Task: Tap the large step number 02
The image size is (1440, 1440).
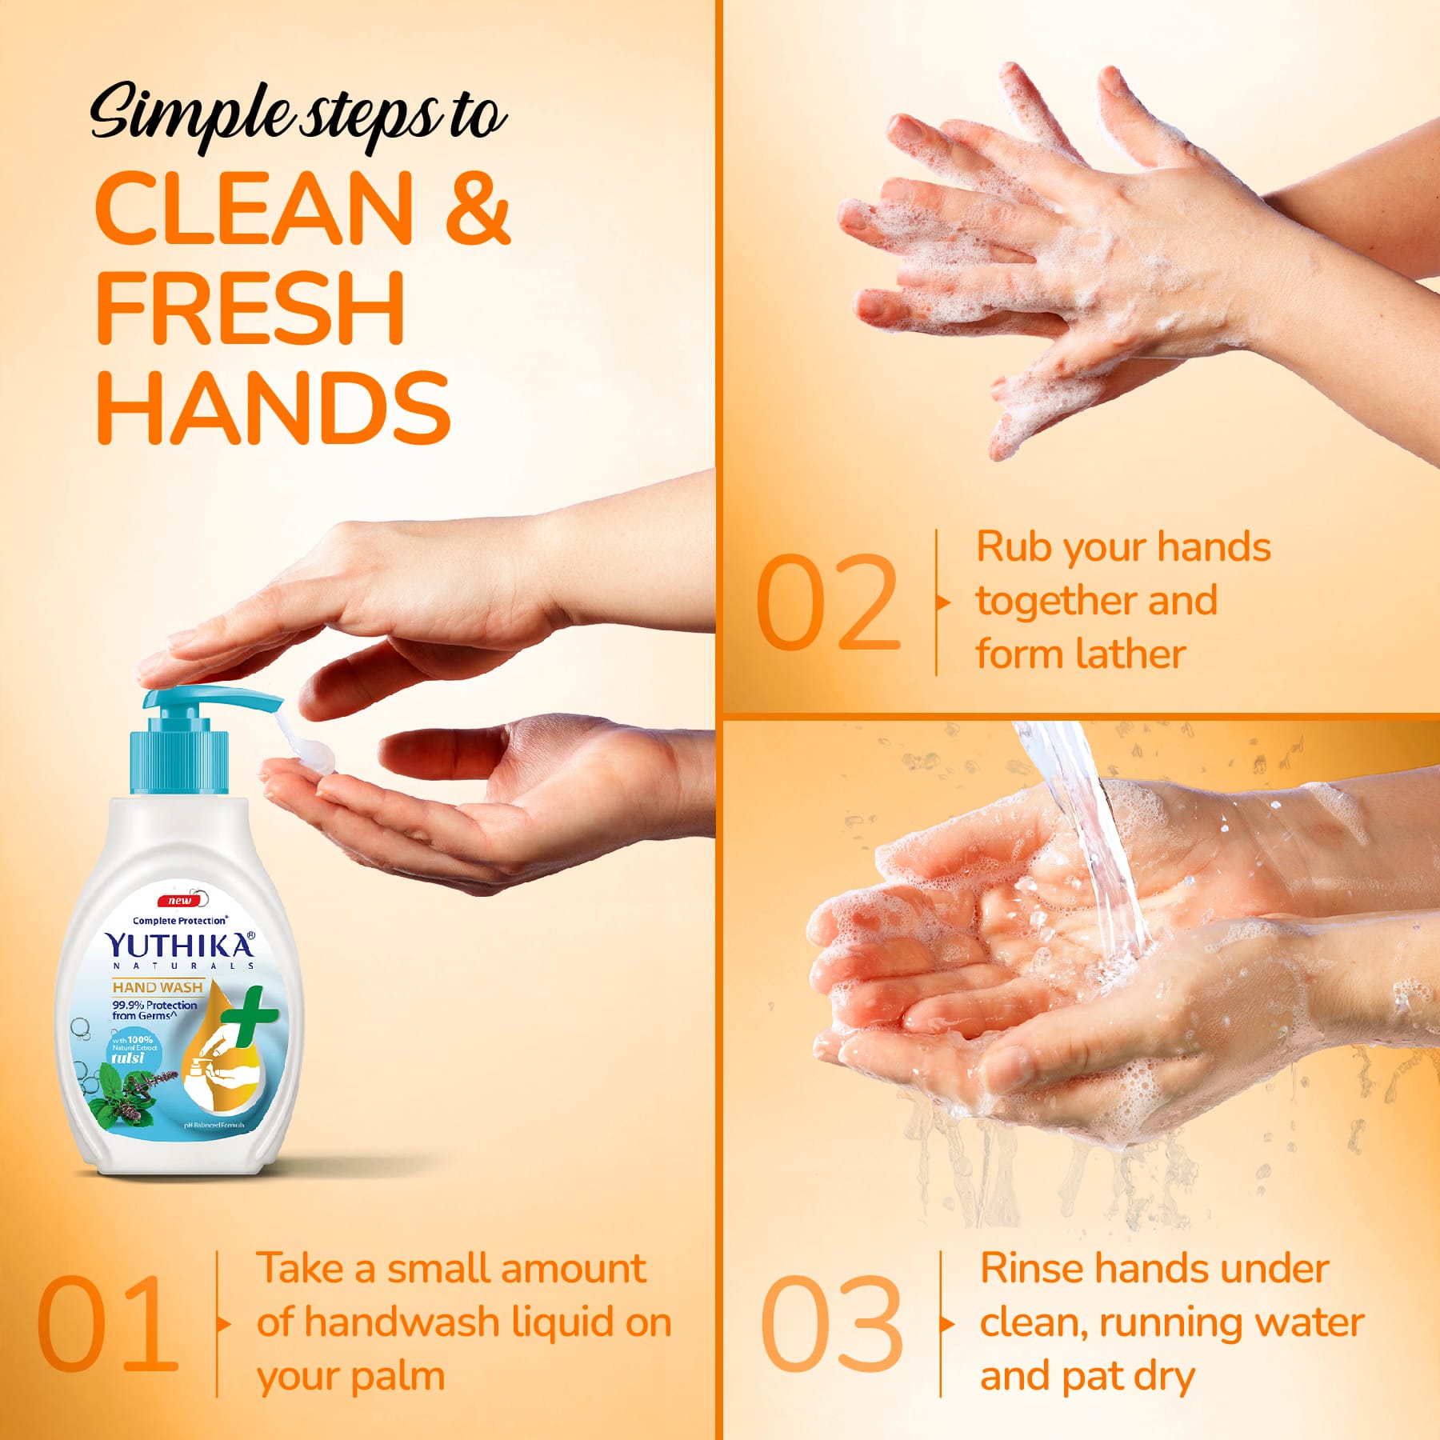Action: point(827,602)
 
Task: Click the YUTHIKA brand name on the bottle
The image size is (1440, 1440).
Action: point(179,946)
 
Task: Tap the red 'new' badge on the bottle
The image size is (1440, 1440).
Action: point(179,901)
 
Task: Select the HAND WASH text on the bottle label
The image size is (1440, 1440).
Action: point(158,987)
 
